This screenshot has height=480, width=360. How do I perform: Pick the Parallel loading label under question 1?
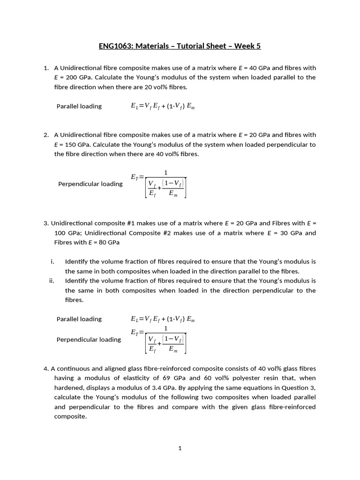[79, 106]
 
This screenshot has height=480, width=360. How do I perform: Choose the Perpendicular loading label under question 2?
[90, 184]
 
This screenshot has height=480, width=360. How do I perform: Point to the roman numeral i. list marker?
[53, 262]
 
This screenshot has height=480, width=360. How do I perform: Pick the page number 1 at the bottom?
[180, 448]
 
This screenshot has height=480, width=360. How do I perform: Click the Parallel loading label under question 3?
[79, 319]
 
